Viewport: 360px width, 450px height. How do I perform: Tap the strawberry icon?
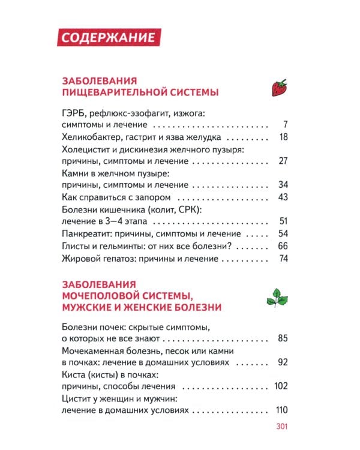[279, 88]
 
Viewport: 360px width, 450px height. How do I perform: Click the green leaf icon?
[277, 296]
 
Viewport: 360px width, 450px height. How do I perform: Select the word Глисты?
[76, 246]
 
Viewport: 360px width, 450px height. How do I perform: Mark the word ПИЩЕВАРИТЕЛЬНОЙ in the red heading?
[114, 92]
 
